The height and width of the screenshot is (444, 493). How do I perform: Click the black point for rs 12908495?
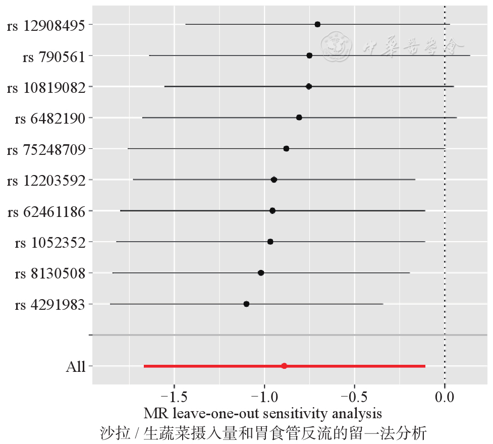coord(317,24)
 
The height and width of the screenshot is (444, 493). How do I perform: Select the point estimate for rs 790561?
coord(309,55)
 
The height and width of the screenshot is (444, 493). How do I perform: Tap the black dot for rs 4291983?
coord(246,304)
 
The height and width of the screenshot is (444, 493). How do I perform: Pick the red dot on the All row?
coord(284,366)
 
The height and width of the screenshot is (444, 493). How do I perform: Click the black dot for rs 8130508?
coord(261,273)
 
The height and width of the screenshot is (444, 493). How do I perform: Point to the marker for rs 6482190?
coord(299,118)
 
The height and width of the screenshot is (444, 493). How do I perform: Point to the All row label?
coord(76,367)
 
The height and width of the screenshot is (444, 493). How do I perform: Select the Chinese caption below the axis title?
coord(263,433)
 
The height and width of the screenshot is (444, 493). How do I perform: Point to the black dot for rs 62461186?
coord(272,210)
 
